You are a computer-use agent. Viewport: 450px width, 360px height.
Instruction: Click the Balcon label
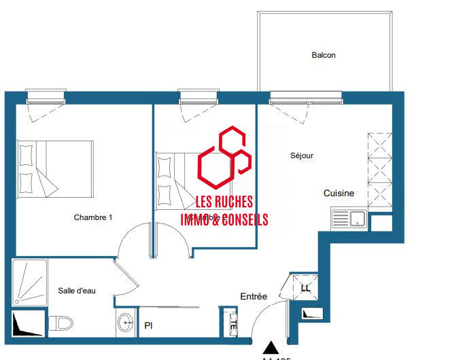pos(323,55)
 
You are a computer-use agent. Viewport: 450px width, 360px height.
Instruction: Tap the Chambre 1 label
pos(93,217)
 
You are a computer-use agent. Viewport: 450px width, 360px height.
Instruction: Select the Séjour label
pos(301,156)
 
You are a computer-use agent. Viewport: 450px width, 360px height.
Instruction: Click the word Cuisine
pos(339,194)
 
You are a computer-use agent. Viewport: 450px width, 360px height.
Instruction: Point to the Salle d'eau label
pos(77,291)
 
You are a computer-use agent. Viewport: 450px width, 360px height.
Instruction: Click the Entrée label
pos(254,297)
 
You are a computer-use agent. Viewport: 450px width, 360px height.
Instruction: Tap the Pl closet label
pos(148,326)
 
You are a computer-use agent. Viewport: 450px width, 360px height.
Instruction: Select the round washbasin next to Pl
pos(125,323)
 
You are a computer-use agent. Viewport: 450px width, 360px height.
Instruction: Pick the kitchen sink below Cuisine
pos(349,219)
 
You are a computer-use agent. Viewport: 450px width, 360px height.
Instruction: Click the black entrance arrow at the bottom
pos(271,346)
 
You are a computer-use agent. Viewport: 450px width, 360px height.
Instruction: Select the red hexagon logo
pos(224,159)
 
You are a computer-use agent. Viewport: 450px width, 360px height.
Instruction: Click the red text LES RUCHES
pos(224,202)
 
